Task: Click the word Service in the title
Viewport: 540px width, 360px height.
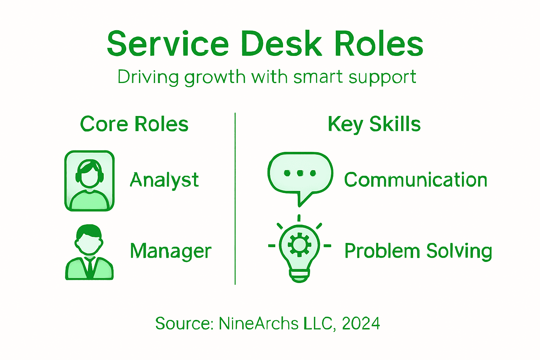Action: [x=168, y=44]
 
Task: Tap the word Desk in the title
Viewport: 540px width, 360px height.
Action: [x=281, y=44]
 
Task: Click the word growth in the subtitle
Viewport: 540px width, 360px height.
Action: [x=215, y=77]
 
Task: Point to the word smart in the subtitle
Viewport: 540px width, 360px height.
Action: [x=318, y=77]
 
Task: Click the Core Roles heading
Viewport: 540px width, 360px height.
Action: [x=134, y=124]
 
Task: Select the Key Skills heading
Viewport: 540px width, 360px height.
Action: [x=374, y=124]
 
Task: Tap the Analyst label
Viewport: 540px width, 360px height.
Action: [x=164, y=180]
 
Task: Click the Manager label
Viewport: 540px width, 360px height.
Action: [x=171, y=251]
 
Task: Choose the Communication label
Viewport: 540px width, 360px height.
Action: [x=416, y=180]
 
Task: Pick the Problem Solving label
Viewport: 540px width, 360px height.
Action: [x=418, y=251]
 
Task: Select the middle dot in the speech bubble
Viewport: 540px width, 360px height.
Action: [x=300, y=173]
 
